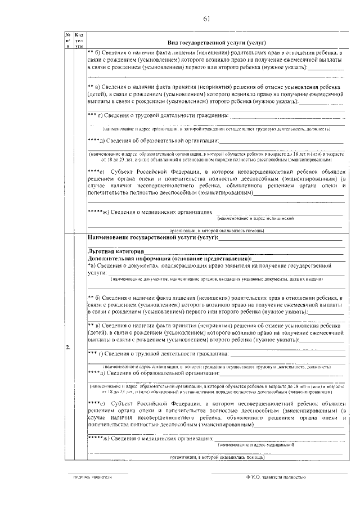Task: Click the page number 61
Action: pyautogui.click(x=206, y=20)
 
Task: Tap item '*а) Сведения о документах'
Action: pyautogui.click(x=135, y=264)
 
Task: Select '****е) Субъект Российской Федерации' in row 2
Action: pyautogui.click(x=163, y=404)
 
